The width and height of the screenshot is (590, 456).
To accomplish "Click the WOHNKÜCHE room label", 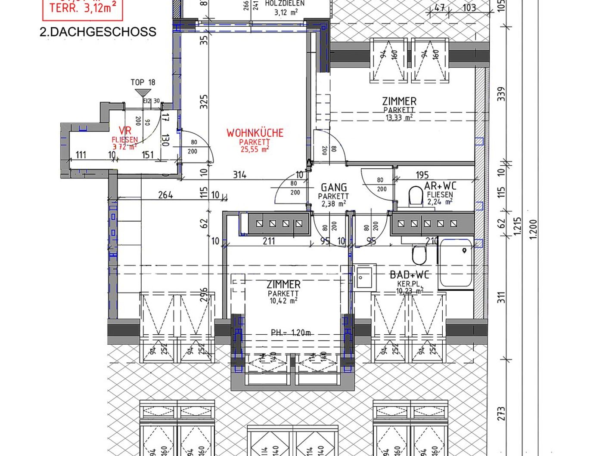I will pos(255,132).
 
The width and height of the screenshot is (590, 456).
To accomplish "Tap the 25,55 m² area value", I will pos(255,149).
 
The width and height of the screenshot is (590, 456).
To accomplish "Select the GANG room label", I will pos(334,188).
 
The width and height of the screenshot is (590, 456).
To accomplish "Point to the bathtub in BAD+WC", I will pos(456,263).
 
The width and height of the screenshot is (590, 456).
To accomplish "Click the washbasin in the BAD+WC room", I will pos(364,277).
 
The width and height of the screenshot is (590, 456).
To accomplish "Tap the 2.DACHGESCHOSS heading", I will pos(98,32).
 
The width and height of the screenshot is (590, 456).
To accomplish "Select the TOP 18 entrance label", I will pos(143,82).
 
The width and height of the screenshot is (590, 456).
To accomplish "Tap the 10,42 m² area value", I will pos(283,301).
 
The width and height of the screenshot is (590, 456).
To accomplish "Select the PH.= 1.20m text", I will pos(291,333).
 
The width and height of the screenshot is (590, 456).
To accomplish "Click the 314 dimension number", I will pos(240,174).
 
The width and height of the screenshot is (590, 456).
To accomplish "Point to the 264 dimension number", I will pos(165,195).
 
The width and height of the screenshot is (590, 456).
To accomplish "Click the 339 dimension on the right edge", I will pos(501,94).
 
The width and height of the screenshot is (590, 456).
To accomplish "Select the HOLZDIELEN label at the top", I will pos(285,3).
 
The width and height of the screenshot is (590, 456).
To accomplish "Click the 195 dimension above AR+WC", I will pos(422,175).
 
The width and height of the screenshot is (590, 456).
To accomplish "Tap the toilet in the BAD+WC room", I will pos(419,255).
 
